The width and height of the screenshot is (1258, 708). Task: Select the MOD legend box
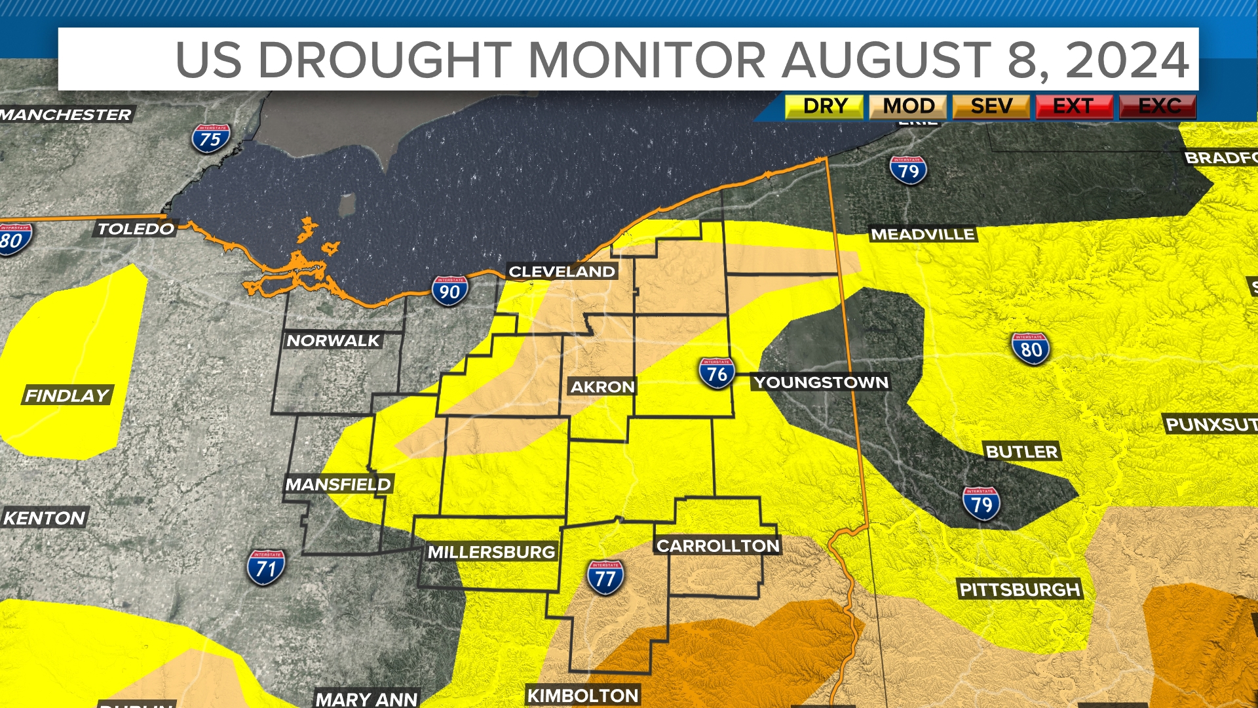coord(907,106)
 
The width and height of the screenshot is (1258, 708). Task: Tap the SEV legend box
coord(991,106)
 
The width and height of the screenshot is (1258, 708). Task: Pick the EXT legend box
coord(1073,106)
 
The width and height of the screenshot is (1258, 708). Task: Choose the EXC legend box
coord(1158,106)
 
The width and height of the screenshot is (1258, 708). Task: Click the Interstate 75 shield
coord(210,138)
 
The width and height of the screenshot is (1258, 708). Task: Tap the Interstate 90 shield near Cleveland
coord(449,291)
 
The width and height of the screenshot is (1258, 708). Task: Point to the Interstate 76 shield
coord(716,373)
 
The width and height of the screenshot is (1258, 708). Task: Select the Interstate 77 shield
coord(605,577)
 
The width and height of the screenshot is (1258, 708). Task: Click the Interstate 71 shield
coord(266,567)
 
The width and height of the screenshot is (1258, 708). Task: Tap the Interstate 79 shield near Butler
coord(981,503)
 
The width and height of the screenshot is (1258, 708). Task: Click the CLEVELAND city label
coord(562,271)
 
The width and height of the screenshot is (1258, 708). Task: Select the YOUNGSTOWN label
coord(820,382)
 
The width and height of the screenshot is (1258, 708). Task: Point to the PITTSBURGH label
coord(1019,589)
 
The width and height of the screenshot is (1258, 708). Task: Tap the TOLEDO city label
coord(136,229)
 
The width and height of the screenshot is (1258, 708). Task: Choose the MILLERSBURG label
coord(491,552)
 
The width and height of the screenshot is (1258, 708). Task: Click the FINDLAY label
coord(67,395)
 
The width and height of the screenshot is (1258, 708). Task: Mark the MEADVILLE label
coord(923,234)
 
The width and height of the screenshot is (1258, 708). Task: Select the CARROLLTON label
coord(718,545)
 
